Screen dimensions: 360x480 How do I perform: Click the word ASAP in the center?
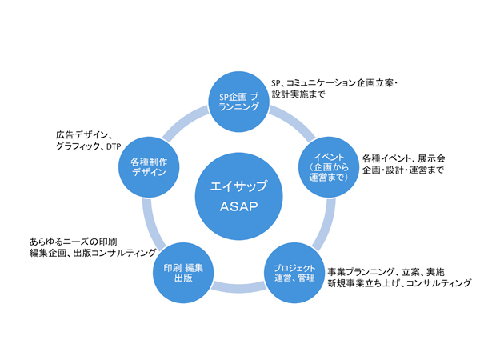click(238, 206)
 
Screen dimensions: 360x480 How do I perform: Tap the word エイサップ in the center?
click(238, 186)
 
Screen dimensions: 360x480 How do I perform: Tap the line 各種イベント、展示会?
click(403, 158)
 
